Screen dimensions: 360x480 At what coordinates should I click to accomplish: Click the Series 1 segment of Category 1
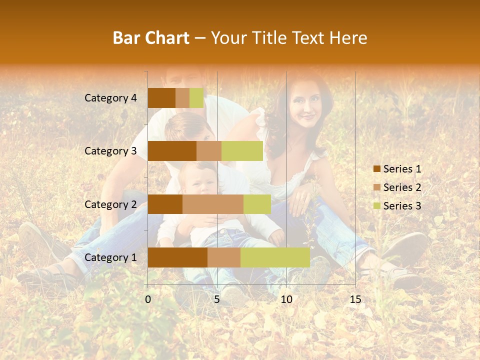coord(177,257)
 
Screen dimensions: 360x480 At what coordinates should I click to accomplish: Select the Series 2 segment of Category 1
coord(224,257)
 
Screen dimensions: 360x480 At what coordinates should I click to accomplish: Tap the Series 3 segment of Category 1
coord(275,257)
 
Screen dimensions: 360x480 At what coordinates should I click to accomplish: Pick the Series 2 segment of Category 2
coord(213,204)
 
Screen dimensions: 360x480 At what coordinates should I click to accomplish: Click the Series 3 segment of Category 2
coord(257,204)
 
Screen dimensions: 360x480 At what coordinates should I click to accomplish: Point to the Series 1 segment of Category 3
coord(172,151)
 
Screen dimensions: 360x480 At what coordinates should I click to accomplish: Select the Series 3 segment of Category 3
coord(242,151)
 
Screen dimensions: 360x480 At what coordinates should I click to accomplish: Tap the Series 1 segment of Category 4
coord(161,98)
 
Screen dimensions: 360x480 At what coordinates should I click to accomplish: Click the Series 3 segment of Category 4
coord(196,98)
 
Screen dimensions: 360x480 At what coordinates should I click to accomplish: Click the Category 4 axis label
coord(110,98)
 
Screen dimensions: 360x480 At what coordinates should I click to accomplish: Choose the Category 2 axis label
coord(110,204)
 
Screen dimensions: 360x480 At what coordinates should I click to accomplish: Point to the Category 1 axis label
coord(110,257)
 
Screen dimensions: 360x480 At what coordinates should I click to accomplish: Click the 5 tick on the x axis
coord(217,299)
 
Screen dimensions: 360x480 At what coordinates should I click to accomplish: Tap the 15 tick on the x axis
coord(355,299)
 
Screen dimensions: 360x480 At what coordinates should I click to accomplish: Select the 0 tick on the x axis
coord(148,299)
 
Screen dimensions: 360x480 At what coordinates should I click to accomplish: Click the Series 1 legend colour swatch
coord(376,169)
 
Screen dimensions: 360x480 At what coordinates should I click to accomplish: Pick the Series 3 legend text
coord(402,205)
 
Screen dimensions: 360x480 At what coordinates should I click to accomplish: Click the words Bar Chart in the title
coord(151,38)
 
